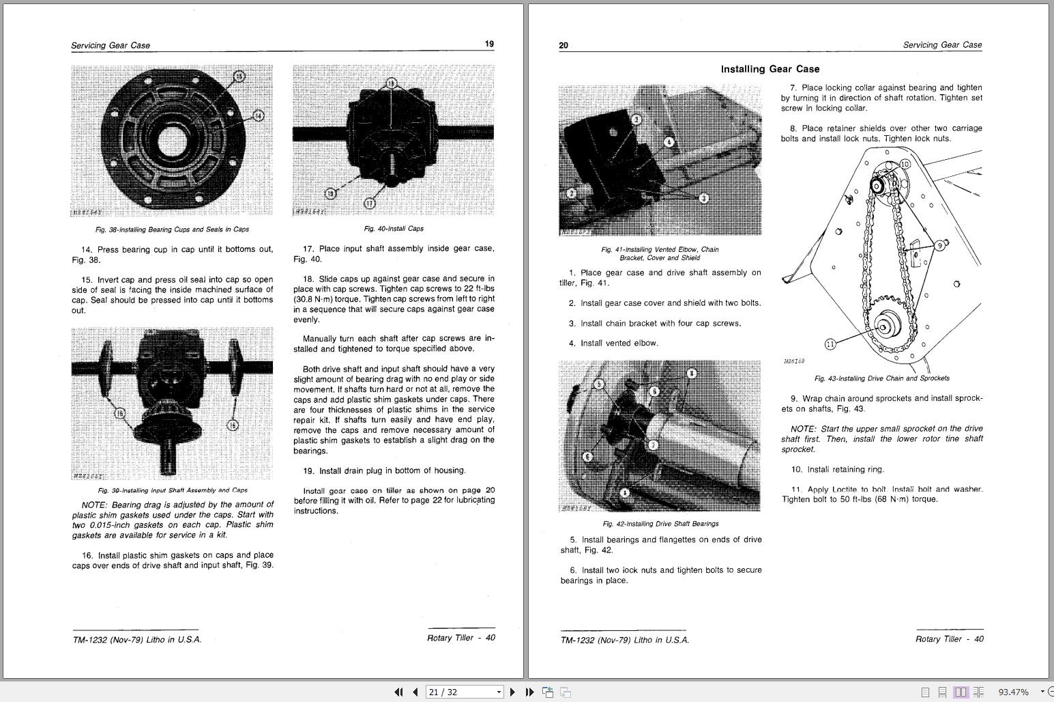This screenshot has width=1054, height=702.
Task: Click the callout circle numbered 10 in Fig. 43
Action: coord(905,164)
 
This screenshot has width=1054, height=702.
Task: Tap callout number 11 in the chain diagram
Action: coord(830,344)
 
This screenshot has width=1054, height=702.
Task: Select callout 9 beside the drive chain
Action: coord(939,245)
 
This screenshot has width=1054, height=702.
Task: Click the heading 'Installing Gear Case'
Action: coord(770,69)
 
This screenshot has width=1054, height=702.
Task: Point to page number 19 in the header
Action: coord(489,44)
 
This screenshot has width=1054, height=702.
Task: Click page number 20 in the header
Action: coord(563,46)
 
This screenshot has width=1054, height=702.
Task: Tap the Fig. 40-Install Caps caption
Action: coord(394,229)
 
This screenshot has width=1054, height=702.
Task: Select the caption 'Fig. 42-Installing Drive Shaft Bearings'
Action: coord(660,524)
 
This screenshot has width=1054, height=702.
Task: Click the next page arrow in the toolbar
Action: coord(513,692)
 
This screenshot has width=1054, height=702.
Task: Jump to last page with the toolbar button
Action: coord(529,692)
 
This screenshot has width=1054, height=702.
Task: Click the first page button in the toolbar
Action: coord(398,692)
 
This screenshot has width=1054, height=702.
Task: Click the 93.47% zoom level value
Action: coord(1013,692)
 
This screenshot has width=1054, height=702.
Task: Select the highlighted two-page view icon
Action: coord(961,692)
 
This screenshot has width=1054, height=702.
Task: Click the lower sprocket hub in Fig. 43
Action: coord(884,326)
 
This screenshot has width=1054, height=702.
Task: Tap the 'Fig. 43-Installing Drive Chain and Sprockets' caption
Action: coord(881,378)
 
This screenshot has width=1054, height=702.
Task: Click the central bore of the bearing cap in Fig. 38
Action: coord(173,142)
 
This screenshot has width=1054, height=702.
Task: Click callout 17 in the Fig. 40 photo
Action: coord(369,203)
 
